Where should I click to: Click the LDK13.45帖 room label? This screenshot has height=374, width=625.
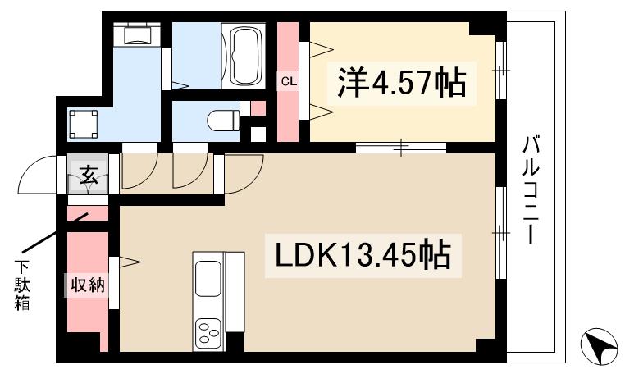click(x=357, y=255)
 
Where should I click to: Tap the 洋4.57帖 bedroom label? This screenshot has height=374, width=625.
click(x=399, y=82)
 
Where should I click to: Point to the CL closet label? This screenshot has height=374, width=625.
click(x=287, y=80)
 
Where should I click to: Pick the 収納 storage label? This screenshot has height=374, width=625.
click(x=86, y=285)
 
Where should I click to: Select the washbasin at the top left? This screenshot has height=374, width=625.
click(x=137, y=35)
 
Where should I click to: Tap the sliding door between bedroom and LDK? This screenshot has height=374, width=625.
click(x=401, y=148)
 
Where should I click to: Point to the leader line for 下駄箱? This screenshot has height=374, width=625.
click(x=49, y=234)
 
